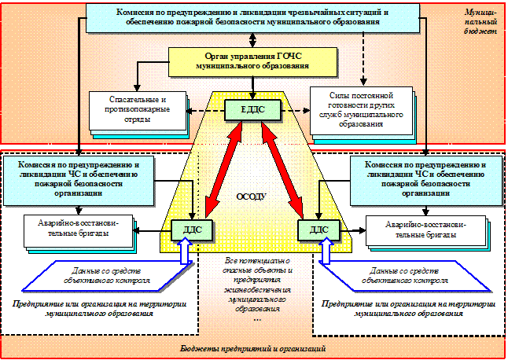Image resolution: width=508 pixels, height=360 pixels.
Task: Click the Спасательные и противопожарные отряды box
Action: coord(135,109)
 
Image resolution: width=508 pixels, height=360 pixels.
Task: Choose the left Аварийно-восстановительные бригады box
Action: coord(78,228)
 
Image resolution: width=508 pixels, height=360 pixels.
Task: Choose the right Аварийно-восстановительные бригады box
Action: coord(425,229)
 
